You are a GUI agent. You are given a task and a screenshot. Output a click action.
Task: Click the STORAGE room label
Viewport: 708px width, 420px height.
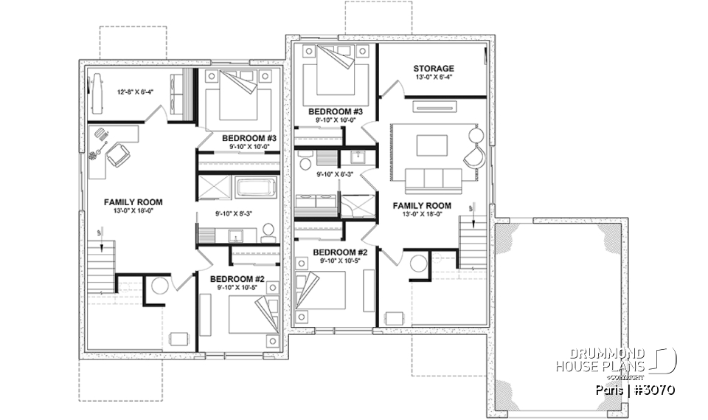(x=433, y=69)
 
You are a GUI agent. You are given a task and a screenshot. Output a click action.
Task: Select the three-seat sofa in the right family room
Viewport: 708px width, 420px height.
(x=432, y=179)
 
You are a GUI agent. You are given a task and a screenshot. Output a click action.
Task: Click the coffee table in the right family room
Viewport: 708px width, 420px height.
(x=431, y=145)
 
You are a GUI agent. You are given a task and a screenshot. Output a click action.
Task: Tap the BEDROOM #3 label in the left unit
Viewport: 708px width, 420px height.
(x=249, y=138)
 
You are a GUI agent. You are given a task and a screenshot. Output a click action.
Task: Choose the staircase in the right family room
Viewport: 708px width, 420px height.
(x=472, y=244)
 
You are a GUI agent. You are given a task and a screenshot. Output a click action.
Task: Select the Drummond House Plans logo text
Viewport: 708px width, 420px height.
(x=601, y=360)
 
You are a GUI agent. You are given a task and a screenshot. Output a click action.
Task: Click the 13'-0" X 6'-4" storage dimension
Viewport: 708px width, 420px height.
(x=433, y=78)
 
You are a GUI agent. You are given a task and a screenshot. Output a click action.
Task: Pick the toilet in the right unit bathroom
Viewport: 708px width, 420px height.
(x=304, y=156)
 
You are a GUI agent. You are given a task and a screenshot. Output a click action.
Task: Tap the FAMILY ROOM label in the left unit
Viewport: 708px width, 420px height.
(x=133, y=202)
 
